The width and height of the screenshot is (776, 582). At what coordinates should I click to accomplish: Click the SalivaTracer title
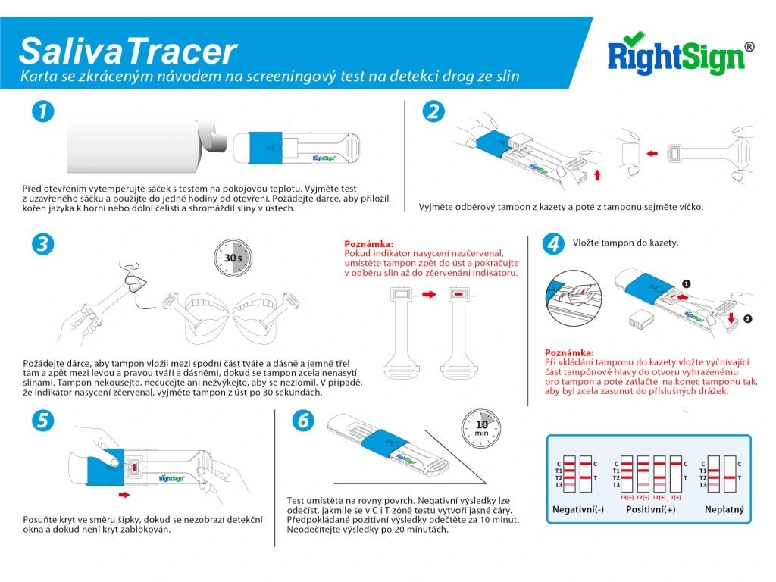(127, 50)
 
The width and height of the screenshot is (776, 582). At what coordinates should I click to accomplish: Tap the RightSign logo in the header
(677, 55)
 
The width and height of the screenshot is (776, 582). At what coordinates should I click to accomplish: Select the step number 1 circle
(42, 111)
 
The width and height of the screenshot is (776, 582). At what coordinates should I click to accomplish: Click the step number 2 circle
(433, 111)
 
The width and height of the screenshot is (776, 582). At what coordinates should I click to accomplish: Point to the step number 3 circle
(42, 244)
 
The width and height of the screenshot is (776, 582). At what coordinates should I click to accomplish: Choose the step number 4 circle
(554, 244)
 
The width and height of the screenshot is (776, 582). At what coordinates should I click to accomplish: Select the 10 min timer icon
(481, 428)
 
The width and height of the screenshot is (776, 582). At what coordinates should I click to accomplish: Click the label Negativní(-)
(577, 509)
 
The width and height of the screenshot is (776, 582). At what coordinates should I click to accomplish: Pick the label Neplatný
(724, 509)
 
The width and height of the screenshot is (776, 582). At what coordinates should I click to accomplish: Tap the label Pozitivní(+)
(651, 509)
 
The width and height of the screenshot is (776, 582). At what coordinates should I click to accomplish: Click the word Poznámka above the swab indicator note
(369, 243)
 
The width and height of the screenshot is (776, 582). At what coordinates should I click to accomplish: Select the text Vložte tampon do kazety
(625, 243)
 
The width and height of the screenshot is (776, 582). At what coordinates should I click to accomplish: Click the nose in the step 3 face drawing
(131, 267)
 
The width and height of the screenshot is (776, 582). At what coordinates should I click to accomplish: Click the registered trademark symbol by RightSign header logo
(749, 46)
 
